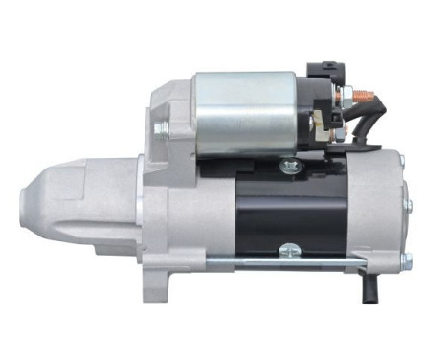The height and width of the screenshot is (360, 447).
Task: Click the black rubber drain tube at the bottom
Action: (x=369, y=284)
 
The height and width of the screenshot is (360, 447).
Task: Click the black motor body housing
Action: (x=287, y=211)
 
